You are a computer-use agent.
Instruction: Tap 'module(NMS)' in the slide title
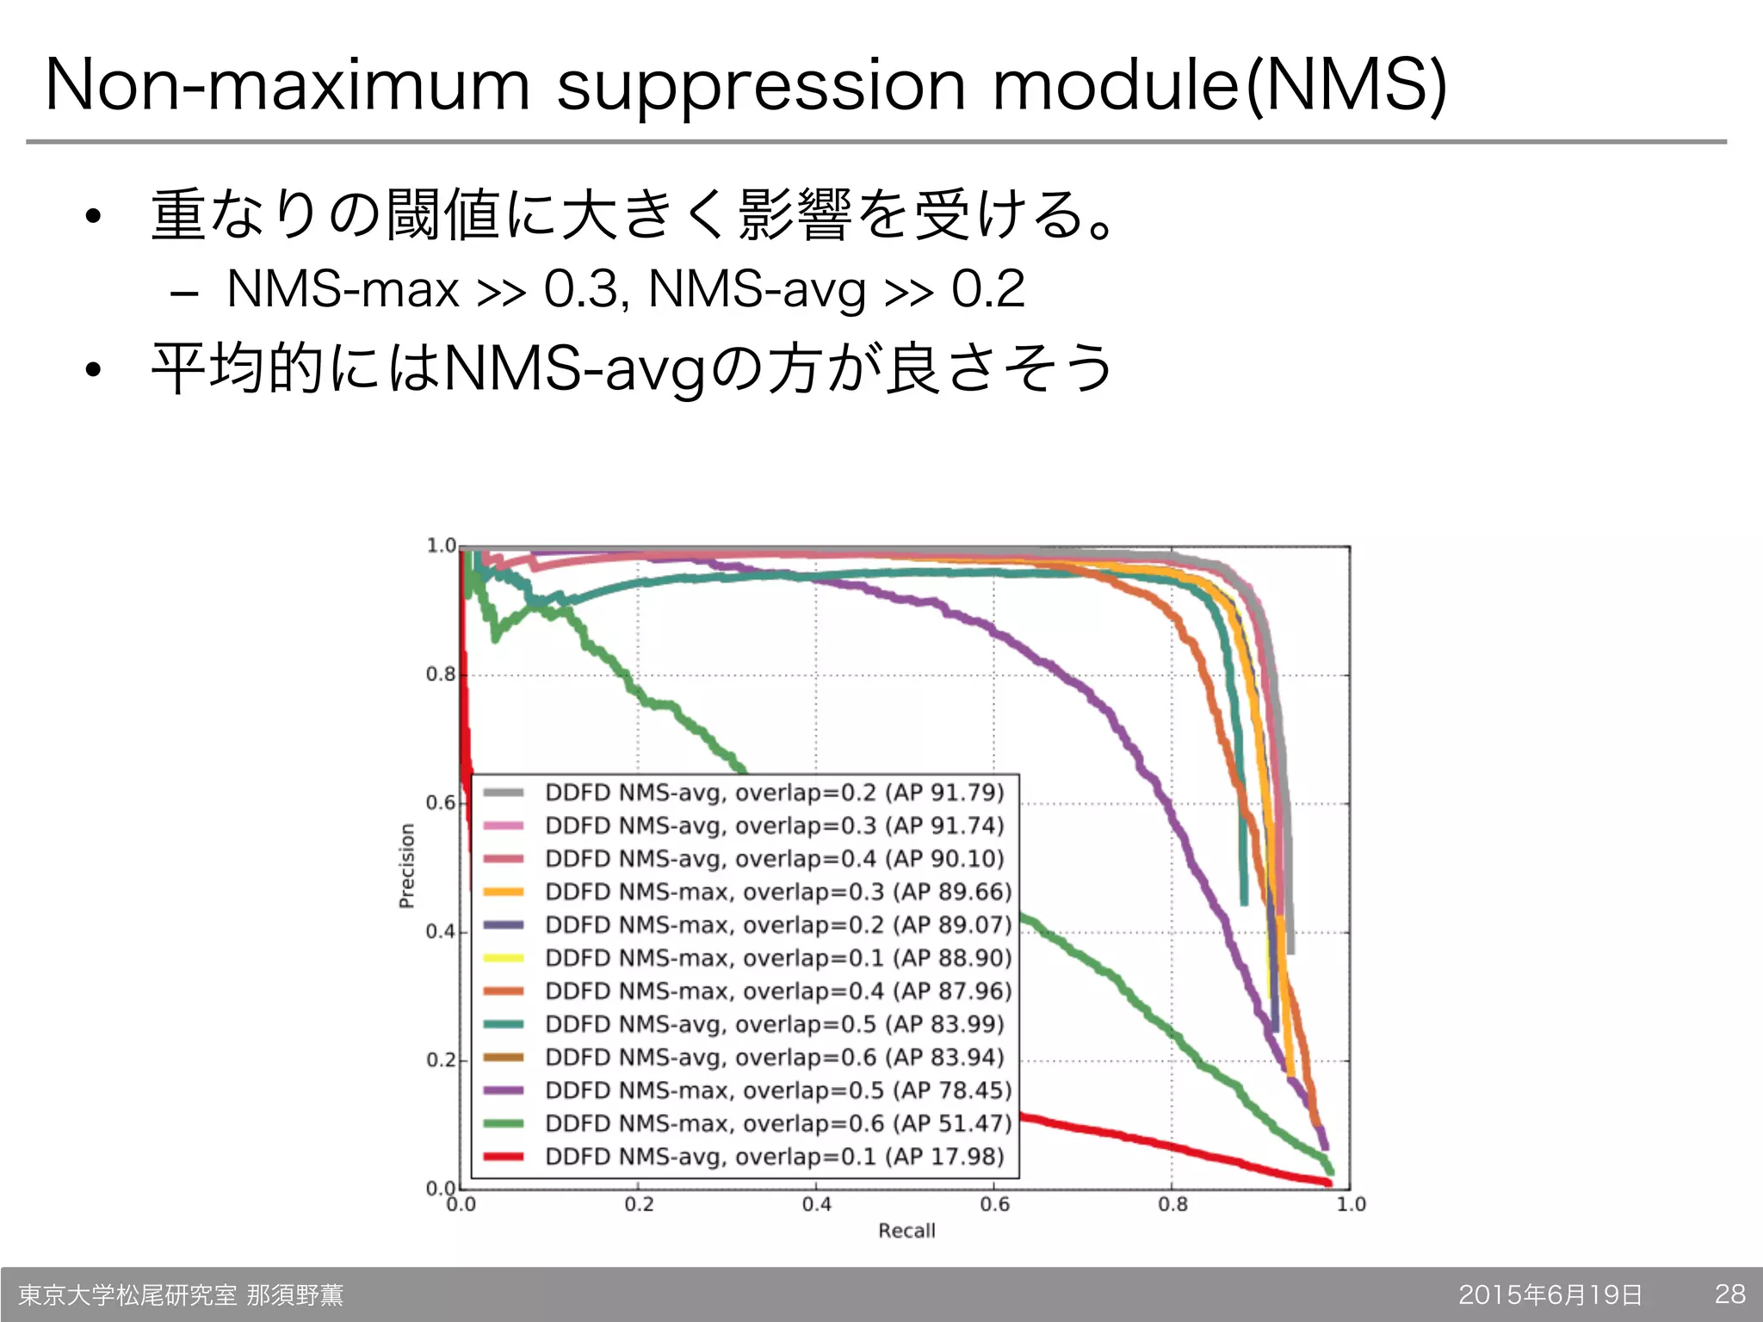click(1219, 86)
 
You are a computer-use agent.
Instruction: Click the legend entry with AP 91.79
click(775, 793)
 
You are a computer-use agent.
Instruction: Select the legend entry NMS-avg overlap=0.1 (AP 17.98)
click(775, 1156)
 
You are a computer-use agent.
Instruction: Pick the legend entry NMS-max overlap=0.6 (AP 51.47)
click(778, 1123)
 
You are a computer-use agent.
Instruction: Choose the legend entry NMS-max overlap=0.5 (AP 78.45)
click(778, 1090)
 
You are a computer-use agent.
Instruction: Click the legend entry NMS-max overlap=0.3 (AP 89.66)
click(778, 892)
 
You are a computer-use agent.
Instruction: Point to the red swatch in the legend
click(504, 1157)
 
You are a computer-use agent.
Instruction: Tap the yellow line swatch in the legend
click(504, 958)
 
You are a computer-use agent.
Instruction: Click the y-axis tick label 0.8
click(441, 675)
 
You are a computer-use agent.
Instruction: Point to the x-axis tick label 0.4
click(816, 1204)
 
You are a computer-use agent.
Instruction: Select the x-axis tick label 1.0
click(1351, 1204)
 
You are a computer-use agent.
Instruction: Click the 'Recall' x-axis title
click(906, 1231)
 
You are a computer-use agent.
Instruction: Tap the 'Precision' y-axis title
click(407, 866)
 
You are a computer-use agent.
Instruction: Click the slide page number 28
click(1729, 1294)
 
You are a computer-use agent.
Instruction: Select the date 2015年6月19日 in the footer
click(1550, 1294)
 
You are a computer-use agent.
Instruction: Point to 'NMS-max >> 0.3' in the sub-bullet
click(422, 289)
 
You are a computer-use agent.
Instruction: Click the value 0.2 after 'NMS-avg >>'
click(987, 289)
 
